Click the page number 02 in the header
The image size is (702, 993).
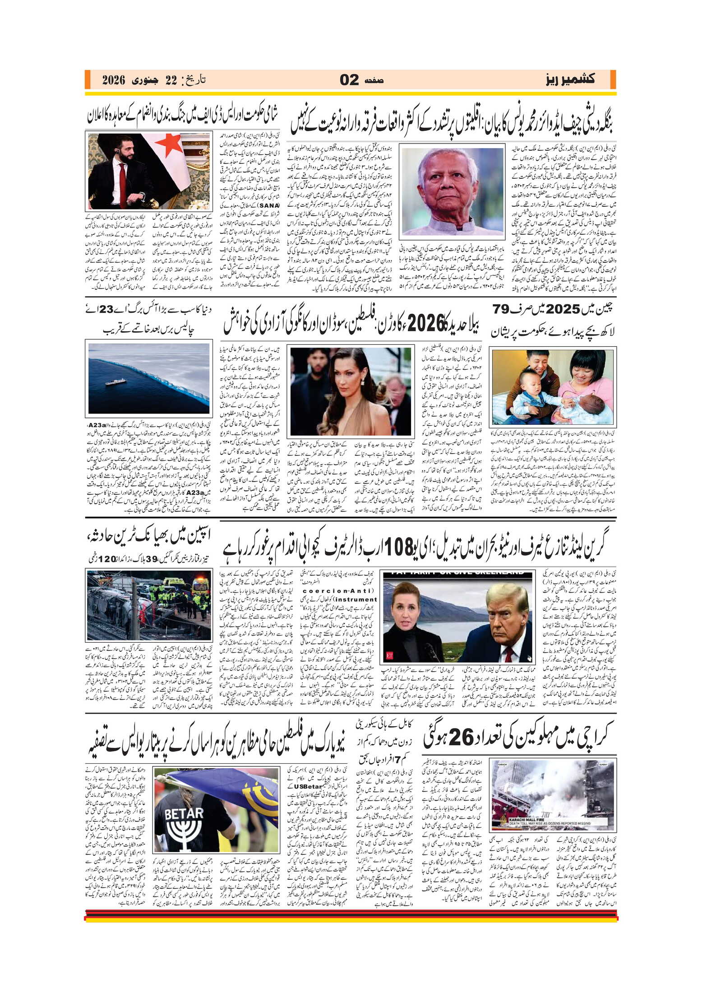(x=349, y=80)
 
